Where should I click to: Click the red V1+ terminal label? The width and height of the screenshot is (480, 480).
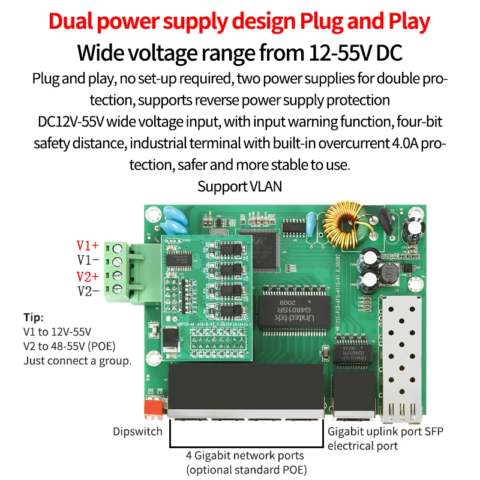click(88, 245)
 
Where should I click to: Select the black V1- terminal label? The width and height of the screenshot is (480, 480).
click(88, 260)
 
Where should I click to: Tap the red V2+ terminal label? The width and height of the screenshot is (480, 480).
click(88, 276)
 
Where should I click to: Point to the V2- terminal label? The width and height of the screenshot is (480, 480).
click(88, 291)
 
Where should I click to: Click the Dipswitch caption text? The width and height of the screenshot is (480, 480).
click(137, 431)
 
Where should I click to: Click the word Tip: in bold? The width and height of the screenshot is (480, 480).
click(34, 318)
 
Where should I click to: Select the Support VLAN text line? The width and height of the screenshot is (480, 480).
click(239, 187)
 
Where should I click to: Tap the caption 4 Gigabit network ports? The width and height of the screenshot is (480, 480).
click(245, 455)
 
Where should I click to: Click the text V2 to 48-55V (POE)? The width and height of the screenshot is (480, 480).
click(70, 346)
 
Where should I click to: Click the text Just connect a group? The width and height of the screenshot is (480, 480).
click(77, 361)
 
